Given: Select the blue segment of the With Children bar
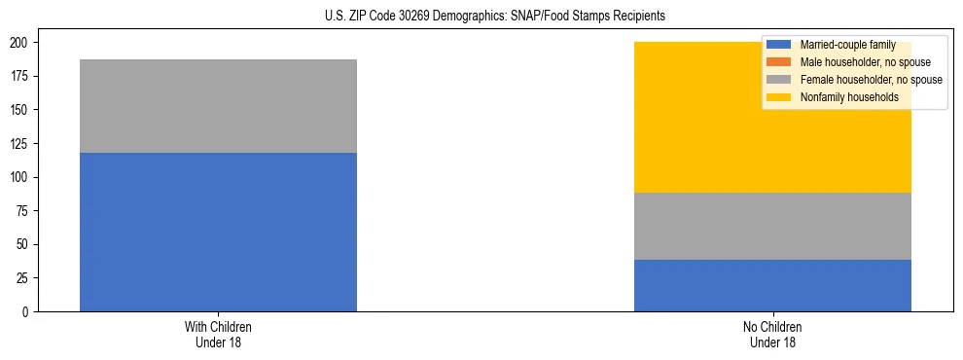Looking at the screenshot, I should click(218, 232).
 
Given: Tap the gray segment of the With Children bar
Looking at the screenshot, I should click(218, 106).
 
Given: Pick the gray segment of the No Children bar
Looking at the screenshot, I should click(772, 226).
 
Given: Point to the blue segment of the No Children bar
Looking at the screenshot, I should click(772, 285).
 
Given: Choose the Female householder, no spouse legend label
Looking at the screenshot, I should click(871, 80).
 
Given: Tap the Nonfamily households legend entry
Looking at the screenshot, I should click(848, 97).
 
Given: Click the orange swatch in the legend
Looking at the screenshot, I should click(779, 62).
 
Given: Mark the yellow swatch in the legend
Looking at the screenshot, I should click(779, 97).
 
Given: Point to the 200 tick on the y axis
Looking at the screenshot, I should click(21, 43).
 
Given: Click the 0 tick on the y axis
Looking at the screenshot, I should click(27, 311).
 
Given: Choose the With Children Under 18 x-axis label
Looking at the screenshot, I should click(218, 334).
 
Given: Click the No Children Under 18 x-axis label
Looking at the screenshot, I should click(772, 334).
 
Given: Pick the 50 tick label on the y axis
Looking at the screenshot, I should click(24, 244).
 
